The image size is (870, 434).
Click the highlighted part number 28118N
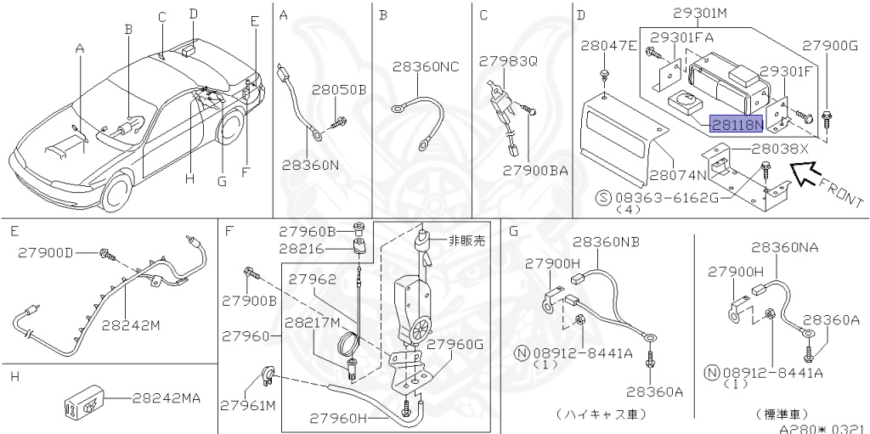(x=737, y=124)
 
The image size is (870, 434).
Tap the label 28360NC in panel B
(x=425, y=65)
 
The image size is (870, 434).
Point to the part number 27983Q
(x=508, y=61)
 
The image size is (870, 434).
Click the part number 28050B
(x=338, y=89)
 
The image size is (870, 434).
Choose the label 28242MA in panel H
(x=167, y=397)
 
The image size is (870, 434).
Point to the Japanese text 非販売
(x=466, y=240)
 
